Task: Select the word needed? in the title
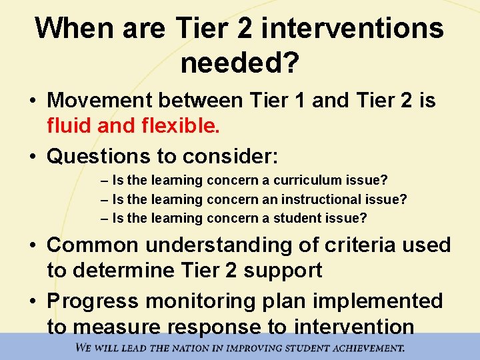pos(239,63)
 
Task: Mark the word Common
pos(93,245)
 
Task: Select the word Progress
pos(93,301)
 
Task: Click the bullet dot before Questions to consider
pos(33,156)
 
